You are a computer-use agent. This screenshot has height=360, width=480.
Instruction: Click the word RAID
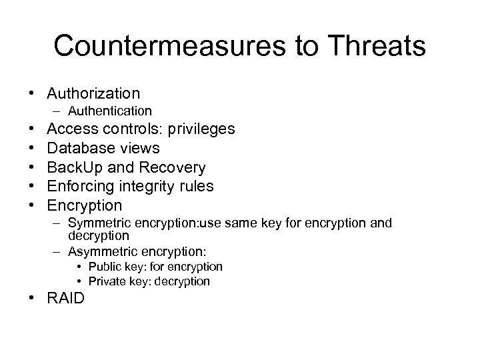(x=66, y=298)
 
